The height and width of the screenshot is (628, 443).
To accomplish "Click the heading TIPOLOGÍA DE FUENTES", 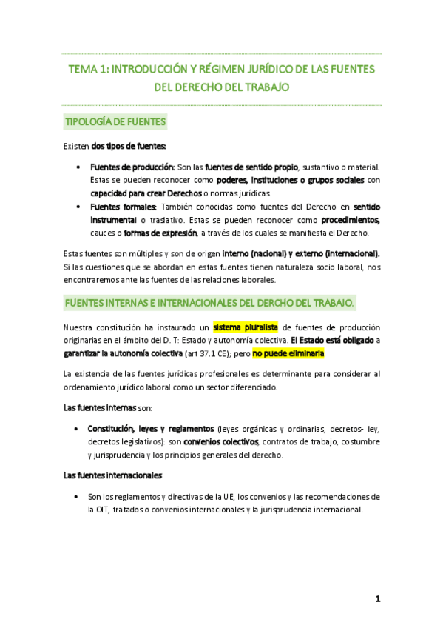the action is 115,121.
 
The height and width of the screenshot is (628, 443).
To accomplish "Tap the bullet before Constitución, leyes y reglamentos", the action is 78,429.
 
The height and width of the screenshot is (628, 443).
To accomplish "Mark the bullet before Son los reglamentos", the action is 78,496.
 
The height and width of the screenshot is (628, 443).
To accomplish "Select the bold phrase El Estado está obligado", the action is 331,340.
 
